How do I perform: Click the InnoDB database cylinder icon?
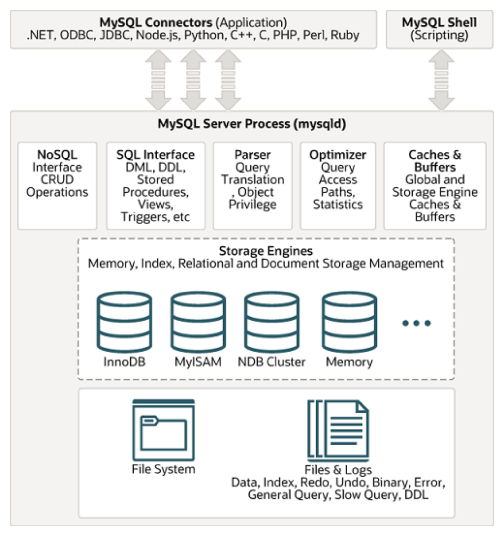[124, 322]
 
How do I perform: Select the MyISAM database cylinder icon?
[198, 322]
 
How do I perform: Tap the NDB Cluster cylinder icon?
[272, 322]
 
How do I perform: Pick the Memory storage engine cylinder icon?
[349, 322]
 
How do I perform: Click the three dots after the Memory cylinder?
[416, 323]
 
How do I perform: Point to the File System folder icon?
[163, 430]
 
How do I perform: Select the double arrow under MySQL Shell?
[441, 80]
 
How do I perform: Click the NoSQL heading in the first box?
[57, 155]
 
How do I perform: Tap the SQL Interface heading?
[156, 155]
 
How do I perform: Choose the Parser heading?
[253, 155]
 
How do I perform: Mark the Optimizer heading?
[338, 155]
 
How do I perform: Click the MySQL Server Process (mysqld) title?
[252, 124]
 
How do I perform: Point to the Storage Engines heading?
[266, 251]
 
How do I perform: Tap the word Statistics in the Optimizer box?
[338, 204]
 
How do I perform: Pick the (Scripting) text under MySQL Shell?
[440, 35]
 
